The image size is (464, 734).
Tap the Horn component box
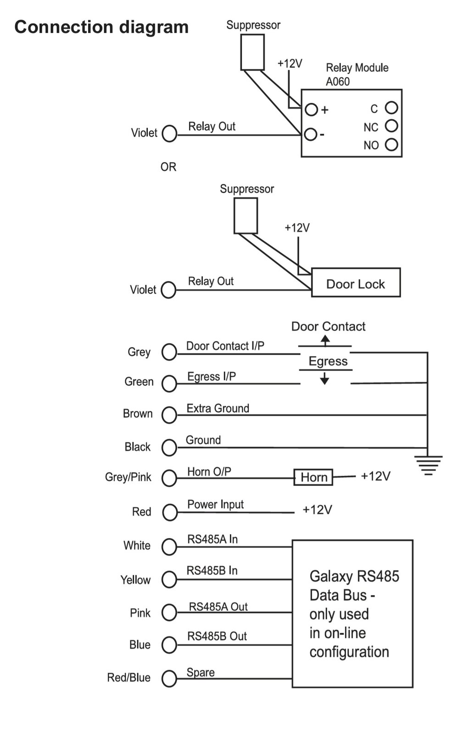pyautogui.click(x=313, y=477)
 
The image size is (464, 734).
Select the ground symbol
pyautogui.click(x=428, y=464)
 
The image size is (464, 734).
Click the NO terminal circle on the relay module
pyautogui.click(x=391, y=145)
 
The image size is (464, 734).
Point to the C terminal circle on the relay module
pyautogui.click(x=391, y=108)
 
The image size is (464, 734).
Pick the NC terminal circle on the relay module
pyautogui.click(x=391, y=126)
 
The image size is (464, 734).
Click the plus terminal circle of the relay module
pyautogui.click(x=311, y=110)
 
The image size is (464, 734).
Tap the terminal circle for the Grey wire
pyautogui.click(x=169, y=352)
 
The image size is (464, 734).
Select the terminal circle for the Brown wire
pyautogui.click(x=169, y=415)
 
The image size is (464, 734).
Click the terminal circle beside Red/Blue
pyautogui.click(x=169, y=678)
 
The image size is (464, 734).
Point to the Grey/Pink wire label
pyautogui.click(x=128, y=477)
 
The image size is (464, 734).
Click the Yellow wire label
pyautogui.click(x=135, y=580)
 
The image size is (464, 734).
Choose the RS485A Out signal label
pyautogui.click(x=218, y=606)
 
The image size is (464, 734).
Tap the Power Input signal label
pyautogui.click(x=215, y=504)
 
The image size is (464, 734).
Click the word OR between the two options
pyautogui.click(x=168, y=167)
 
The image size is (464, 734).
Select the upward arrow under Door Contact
pyautogui.click(x=325, y=340)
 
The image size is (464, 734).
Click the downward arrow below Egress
pyautogui.click(x=324, y=378)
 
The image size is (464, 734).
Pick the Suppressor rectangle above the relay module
pyautogui.click(x=252, y=52)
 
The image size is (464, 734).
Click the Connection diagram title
pyautogui.click(x=101, y=27)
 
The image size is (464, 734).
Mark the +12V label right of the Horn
pyautogui.click(x=375, y=476)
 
